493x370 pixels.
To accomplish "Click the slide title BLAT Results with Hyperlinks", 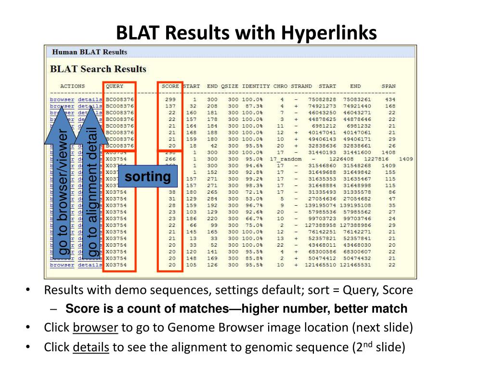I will pos(246,33).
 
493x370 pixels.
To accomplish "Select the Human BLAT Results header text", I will pos(90,52).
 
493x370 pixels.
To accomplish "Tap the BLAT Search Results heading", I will pos(98,69).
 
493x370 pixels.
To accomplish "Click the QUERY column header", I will pos(115,87).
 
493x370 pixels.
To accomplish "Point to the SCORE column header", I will pos(170,87).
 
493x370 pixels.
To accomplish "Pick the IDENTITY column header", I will pos(256,87).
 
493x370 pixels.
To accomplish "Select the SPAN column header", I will pos(388,87).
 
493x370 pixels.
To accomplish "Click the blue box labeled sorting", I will pos(148,177).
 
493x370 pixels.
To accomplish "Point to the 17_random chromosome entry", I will pos(285,159).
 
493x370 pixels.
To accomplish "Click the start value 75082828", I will pos(321,100).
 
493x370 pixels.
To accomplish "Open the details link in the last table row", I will pos(90,265).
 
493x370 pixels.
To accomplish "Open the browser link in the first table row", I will pos(62,100).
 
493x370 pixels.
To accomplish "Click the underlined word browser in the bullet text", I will pos(95,328).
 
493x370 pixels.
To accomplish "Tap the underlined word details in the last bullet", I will pos(91,347).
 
